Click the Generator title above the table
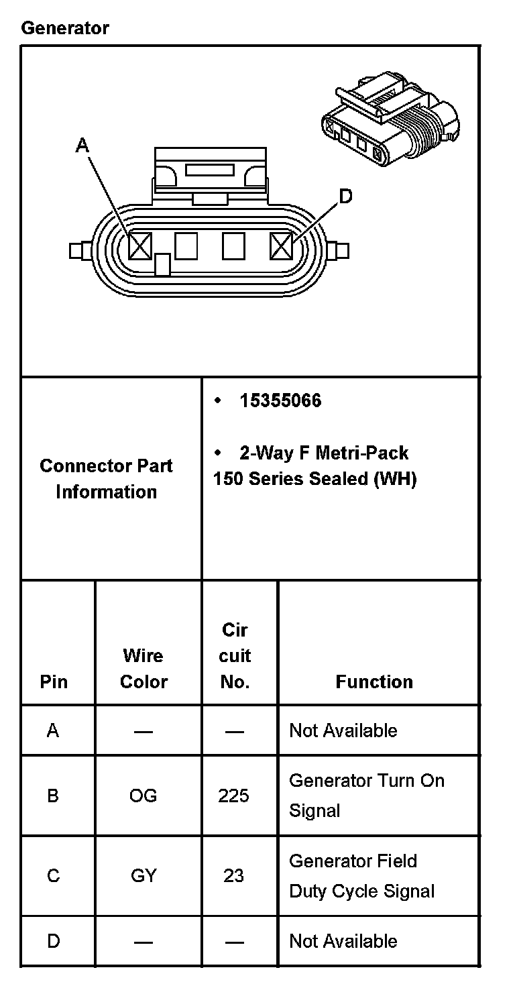(65, 28)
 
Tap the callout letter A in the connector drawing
(82, 145)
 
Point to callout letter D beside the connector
(346, 196)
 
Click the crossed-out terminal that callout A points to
(140, 246)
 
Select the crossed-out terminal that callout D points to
(281, 246)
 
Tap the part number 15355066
(280, 400)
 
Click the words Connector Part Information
(106, 479)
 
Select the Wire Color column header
(144, 669)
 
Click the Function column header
(374, 681)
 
